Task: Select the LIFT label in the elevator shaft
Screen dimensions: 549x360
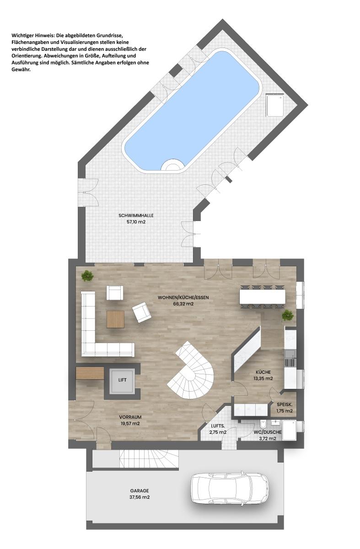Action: (122, 380)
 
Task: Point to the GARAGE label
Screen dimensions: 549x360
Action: (139, 490)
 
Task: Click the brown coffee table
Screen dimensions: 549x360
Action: (115, 319)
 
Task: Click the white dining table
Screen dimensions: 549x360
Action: (262, 296)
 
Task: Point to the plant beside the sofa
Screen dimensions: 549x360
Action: (87, 276)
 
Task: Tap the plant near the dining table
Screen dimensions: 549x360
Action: (287, 315)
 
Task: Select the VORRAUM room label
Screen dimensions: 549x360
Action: (130, 417)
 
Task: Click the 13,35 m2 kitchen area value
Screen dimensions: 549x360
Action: (263, 378)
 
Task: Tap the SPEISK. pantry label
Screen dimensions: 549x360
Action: (285, 404)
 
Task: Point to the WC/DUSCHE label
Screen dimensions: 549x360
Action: (268, 432)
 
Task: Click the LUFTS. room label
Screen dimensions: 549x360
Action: (217, 425)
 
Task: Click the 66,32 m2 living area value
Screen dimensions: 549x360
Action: (183, 303)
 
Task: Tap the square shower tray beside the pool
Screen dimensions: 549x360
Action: (275, 105)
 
